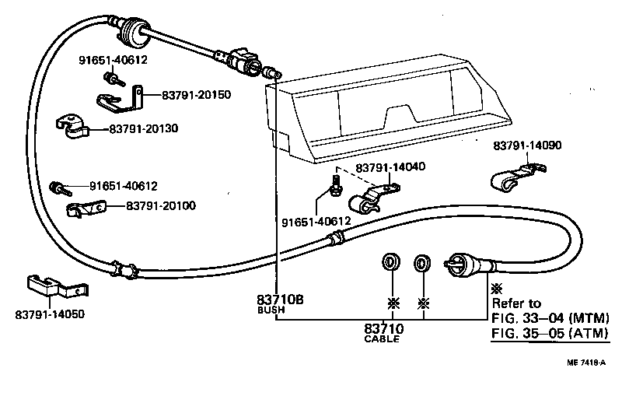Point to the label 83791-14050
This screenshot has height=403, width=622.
tap(50, 314)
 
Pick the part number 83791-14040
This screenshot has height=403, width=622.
tap(391, 167)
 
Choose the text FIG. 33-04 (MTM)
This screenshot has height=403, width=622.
tap(549, 317)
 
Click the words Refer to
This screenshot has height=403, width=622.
tap(517, 303)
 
